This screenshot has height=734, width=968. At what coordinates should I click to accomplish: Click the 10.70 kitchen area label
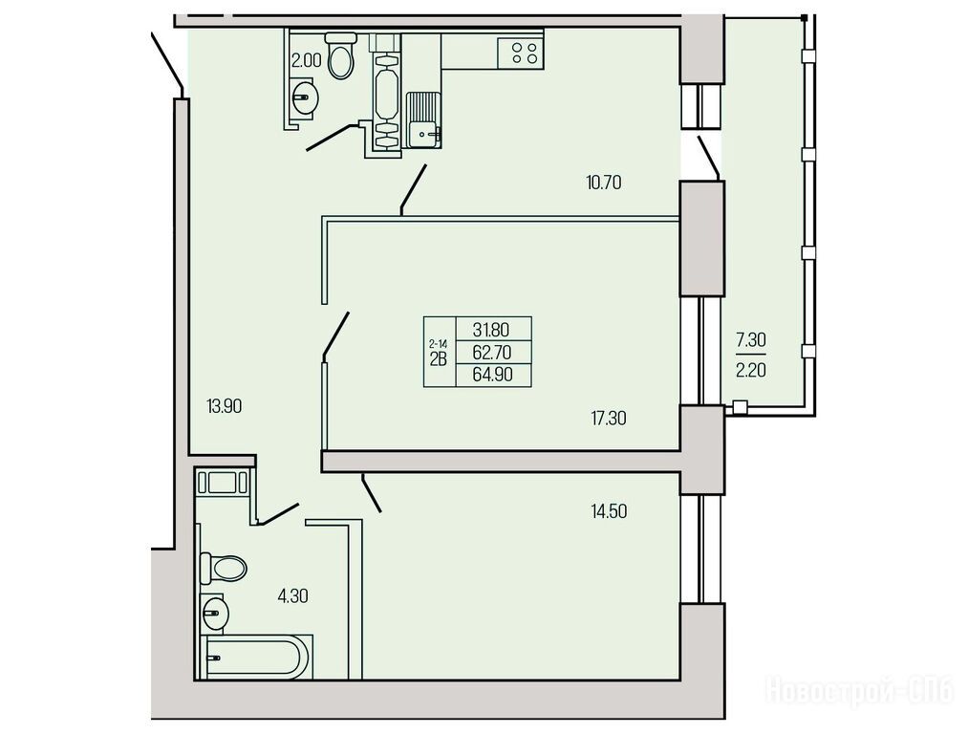[603, 183]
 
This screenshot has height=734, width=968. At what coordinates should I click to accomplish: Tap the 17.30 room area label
[608, 419]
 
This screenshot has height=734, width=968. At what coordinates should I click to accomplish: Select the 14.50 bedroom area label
[608, 511]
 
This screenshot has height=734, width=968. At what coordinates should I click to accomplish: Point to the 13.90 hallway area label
[224, 406]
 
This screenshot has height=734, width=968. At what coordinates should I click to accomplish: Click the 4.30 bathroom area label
[292, 596]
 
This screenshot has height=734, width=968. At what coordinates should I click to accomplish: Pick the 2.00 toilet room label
[306, 60]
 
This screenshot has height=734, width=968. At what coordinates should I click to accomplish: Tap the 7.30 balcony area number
[751, 339]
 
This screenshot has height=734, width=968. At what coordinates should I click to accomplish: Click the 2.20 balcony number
[751, 371]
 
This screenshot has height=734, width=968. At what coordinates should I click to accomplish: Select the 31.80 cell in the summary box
[492, 329]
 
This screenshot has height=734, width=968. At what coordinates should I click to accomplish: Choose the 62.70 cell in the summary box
[492, 353]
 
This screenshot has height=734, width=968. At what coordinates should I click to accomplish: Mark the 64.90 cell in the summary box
[492, 374]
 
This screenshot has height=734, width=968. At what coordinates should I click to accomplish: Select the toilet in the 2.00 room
[340, 54]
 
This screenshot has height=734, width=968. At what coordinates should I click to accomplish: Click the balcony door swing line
[708, 158]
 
